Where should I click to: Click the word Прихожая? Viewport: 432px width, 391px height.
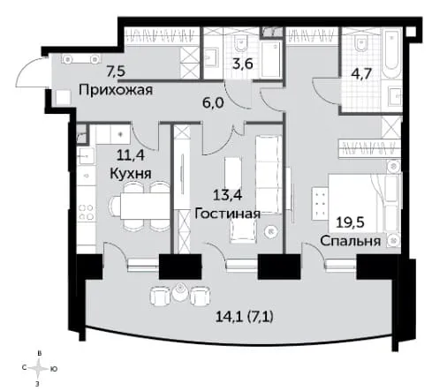[116, 90]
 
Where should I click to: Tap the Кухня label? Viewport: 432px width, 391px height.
[131, 174]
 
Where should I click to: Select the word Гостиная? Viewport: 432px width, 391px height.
[228, 214]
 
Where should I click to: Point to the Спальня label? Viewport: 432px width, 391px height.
[351, 241]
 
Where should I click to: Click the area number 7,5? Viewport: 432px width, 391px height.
[116, 71]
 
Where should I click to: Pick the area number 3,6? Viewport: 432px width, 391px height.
[243, 64]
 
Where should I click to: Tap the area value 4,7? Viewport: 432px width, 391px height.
[361, 73]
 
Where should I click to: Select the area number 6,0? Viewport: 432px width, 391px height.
[214, 102]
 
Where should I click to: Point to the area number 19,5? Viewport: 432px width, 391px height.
[350, 222]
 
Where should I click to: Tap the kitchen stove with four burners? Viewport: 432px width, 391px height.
[86, 213]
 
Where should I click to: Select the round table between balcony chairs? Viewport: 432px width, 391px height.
[179, 292]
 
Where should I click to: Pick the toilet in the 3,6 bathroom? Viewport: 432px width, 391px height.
[241, 43]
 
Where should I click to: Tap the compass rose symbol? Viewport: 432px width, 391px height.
[38, 368]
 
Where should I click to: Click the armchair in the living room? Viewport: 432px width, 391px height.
[243, 231]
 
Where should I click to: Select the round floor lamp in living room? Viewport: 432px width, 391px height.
[271, 232]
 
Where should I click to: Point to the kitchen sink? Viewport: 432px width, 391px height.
[86, 156]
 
